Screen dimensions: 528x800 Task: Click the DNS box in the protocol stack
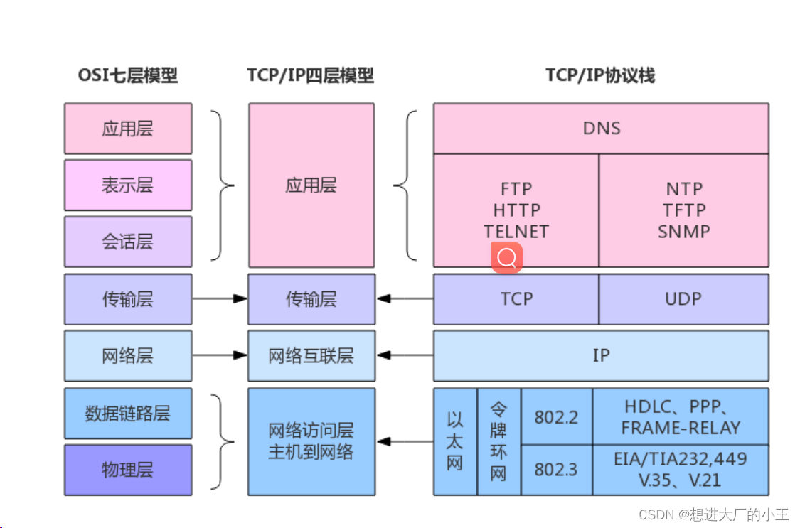601,129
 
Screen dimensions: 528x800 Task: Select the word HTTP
516,210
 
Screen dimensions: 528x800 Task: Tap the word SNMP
683,232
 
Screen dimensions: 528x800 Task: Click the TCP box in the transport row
516,299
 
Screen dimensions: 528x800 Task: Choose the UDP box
683,299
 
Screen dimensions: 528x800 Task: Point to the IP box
601,355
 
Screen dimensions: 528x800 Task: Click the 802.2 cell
556,416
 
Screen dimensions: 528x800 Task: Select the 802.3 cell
556,470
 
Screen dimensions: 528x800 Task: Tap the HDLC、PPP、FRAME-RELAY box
681,417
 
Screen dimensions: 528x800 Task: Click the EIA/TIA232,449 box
681,470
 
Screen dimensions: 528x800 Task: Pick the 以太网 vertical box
455,441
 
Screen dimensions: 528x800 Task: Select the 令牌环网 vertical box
498,441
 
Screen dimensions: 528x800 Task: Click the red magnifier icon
507,258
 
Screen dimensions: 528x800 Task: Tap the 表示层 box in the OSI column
128,185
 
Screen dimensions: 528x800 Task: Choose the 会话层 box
128,242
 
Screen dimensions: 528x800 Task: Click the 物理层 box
128,470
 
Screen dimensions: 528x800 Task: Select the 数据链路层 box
128,414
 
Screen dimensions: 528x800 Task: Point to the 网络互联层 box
311,355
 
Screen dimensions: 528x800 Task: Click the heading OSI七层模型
128,75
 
